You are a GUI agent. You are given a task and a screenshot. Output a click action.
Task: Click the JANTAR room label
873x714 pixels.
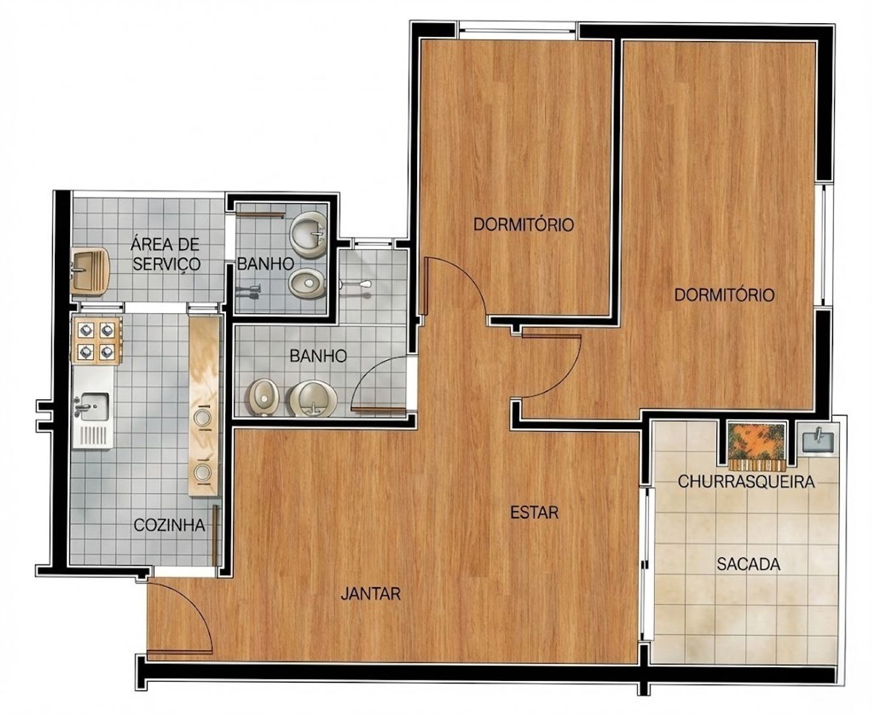pos(371,594)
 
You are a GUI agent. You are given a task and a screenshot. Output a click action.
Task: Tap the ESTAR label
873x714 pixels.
pos(535,512)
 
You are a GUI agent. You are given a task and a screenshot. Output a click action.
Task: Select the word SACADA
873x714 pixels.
pos(748,564)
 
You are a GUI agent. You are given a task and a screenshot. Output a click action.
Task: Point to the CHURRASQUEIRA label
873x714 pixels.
pos(746,482)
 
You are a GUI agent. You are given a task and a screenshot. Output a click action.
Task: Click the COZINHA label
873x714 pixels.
pos(169,525)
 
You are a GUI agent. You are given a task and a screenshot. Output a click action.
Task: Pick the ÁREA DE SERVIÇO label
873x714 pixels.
pos(166,254)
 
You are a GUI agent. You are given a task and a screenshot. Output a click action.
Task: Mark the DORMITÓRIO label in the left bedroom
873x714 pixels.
pos(523,225)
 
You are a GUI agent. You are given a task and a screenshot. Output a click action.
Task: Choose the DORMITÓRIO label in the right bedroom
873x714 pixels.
pos(724,295)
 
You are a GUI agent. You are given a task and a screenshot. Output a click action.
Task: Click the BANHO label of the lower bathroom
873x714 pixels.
pos(318,356)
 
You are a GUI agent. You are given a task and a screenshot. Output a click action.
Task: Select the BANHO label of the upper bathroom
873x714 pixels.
pos(265,263)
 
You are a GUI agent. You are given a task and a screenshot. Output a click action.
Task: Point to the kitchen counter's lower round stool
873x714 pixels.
pos(203,471)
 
